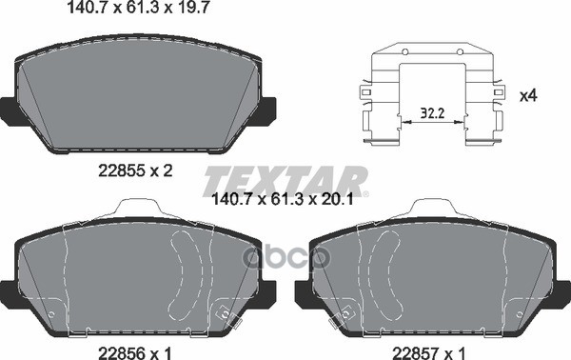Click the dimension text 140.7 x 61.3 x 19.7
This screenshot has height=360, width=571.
tap(138, 8)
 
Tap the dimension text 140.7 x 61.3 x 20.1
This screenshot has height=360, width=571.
tap(283, 199)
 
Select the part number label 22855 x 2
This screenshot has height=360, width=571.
tap(135, 170)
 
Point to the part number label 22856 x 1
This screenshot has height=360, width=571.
tap(135, 352)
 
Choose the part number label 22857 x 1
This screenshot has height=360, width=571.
tap(428, 352)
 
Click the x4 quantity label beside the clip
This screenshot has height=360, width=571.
tap(528, 96)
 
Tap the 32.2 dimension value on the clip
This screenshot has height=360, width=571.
tap(432, 113)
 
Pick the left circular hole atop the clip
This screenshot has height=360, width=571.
tap(404, 51)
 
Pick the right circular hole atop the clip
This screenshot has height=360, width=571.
tap(460, 51)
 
